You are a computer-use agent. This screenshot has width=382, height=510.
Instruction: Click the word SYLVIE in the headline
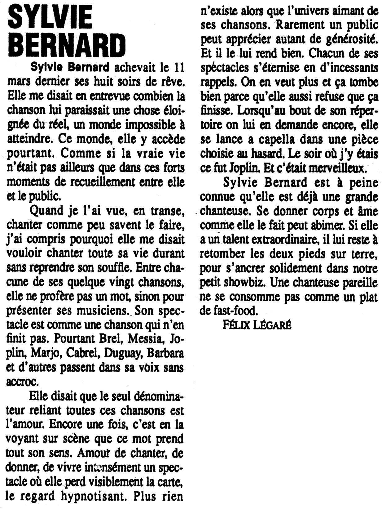(50, 19)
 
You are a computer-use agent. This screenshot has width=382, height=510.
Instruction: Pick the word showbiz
(244, 282)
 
